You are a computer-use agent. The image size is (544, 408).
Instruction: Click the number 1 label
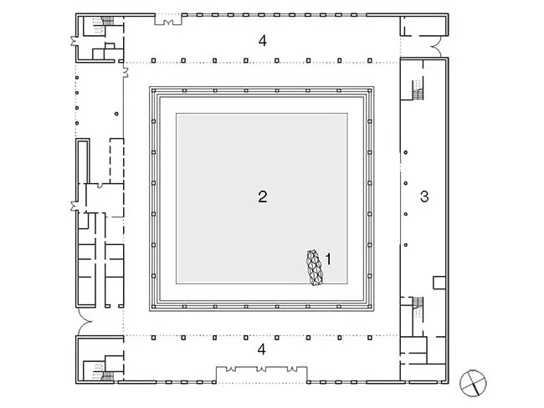328,259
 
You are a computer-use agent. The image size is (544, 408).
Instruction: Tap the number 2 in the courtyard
263,196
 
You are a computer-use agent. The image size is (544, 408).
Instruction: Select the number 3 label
424,196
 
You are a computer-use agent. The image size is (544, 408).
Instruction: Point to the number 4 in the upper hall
263,41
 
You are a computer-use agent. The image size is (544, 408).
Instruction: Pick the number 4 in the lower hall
262,349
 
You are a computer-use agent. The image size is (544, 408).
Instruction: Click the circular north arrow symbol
473,383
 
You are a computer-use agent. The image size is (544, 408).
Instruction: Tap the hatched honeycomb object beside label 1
315,268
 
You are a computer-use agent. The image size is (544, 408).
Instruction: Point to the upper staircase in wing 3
418,89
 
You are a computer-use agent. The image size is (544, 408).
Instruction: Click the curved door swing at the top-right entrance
436,47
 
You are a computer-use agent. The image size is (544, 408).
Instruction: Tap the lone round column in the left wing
116,114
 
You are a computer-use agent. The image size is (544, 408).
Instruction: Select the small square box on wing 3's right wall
439,283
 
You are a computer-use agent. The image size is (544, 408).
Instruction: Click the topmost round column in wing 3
405,152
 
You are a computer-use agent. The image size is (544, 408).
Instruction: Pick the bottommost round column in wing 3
405,245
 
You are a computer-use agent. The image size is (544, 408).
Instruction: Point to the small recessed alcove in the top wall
168,20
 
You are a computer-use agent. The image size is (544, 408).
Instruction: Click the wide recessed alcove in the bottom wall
262,375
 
